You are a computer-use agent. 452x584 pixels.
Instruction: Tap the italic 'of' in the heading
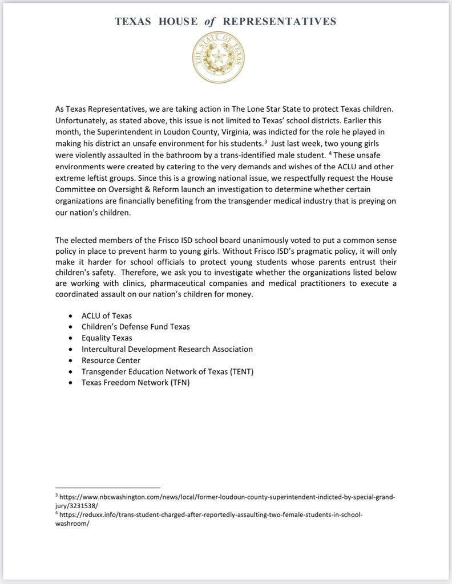pos(209,22)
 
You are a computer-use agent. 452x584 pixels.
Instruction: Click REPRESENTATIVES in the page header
pos(279,22)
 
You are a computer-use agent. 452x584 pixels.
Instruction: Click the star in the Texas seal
pos(218,56)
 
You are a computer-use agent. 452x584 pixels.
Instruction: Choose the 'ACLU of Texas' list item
pos(107,315)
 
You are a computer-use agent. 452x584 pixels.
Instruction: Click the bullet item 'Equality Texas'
pos(107,338)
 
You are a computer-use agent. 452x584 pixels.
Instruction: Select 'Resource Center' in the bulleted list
pos(111,360)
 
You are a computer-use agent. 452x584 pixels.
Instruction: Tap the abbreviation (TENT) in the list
pos(240,371)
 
